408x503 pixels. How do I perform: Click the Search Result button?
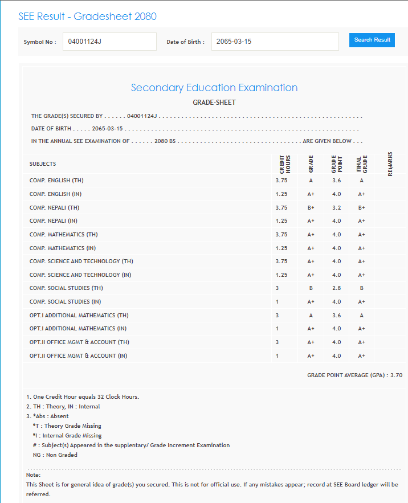click(x=372, y=40)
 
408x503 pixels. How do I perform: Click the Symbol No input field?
click(x=109, y=42)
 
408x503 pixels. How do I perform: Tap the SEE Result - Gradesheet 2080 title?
click(x=87, y=16)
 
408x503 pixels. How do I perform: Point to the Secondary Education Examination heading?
click(x=214, y=88)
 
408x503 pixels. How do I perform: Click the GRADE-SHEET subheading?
click(x=214, y=103)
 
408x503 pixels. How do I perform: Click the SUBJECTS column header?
click(x=43, y=164)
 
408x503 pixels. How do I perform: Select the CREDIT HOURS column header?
click(x=284, y=163)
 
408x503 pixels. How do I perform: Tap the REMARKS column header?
click(x=390, y=163)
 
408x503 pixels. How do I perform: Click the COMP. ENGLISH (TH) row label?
click(x=58, y=181)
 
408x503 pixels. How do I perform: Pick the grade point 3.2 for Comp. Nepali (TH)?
click(x=336, y=207)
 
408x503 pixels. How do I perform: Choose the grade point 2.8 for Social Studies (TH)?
click(x=336, y=288)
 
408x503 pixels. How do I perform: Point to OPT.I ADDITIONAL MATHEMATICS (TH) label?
click(x=79, y=315)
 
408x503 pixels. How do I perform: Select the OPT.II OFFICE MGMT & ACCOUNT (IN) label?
click(x=78, y=356)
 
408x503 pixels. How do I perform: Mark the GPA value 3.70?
click(x=397, y=375)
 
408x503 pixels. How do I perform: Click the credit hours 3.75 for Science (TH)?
click(x=281, y=261)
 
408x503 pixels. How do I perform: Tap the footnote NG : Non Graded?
click(x=55, y=455)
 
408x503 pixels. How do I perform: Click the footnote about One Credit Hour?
click(x=83, y=396)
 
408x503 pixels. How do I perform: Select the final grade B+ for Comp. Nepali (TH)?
click(x=361, y=207)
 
